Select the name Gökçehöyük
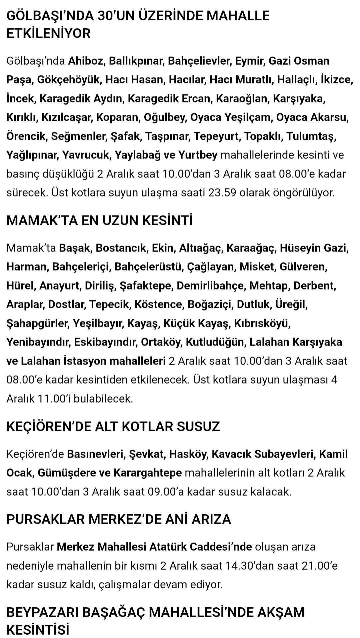tap(68, 80)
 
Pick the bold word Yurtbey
tap(198, 155)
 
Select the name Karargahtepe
tap(148, 473)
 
